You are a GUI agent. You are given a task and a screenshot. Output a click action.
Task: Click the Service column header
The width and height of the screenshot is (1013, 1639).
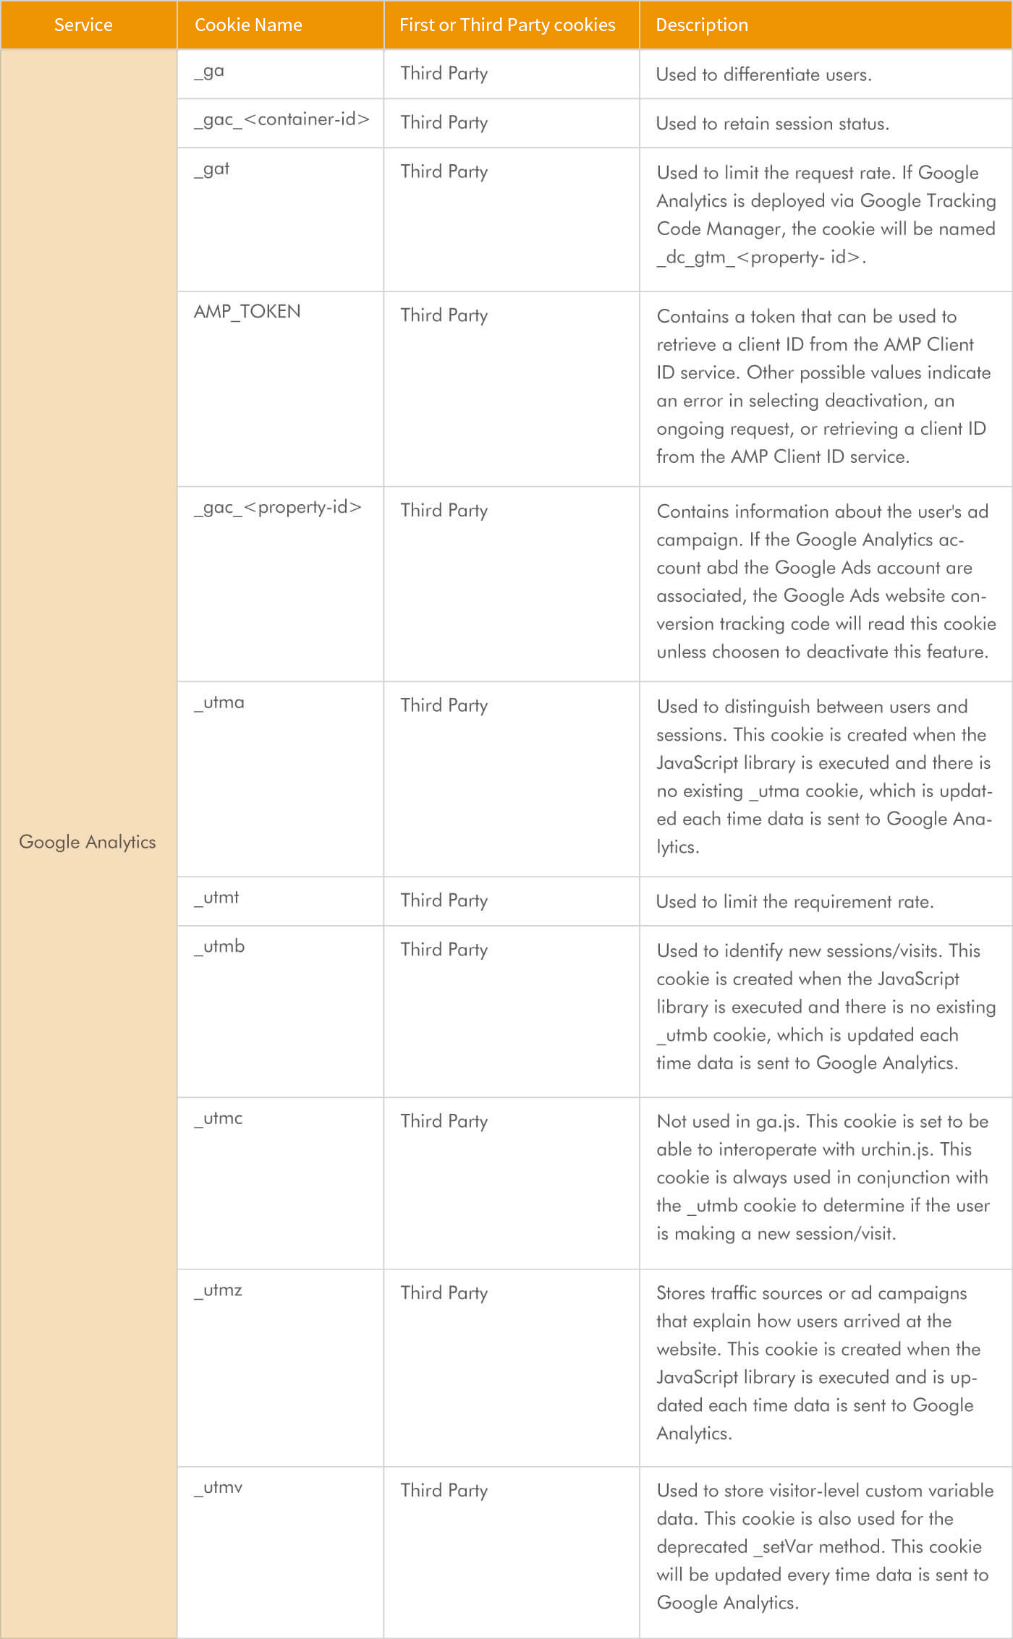click(83, 25)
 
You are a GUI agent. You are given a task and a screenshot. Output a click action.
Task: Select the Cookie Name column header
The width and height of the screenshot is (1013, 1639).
click(248, 25)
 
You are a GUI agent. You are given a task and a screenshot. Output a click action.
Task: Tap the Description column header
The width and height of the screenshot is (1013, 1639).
click(701, 25)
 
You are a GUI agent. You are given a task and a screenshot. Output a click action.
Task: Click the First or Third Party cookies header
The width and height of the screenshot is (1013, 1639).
click(506, 25)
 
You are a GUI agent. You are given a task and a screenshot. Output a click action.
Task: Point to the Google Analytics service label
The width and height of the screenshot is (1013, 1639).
click(88, 842)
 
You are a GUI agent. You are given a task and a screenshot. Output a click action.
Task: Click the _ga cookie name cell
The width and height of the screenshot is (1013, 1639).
click(209, 72)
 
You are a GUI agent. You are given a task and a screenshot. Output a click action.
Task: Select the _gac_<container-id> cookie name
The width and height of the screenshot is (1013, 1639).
click(281, 119)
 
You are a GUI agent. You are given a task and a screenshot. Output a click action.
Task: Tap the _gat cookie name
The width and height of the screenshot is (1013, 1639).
click(211, 169)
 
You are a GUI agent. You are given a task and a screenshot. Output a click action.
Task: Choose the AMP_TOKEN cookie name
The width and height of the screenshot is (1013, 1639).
click(247, 312)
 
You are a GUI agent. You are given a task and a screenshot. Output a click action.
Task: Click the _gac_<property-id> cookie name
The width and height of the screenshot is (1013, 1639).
click(277, 507)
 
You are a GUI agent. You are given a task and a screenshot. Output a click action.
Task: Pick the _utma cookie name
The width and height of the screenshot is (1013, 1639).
click(219, 702)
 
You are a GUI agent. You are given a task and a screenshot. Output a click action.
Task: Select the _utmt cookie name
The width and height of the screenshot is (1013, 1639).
click(216, 898)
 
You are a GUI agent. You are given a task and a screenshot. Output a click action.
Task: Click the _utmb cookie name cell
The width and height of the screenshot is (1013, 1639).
click(219, 947)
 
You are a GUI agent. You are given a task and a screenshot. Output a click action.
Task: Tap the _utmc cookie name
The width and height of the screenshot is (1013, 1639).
click(218, 1118)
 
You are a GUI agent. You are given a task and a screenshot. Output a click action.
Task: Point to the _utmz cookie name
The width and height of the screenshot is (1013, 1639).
click(218, 1290)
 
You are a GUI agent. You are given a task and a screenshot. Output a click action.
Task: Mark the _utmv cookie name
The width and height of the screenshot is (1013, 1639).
click(218, 1488)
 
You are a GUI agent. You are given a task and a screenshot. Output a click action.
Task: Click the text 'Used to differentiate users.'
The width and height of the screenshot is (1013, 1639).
click(763, 74)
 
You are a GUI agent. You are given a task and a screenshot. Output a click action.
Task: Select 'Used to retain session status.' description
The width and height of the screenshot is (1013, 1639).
click(772, 124)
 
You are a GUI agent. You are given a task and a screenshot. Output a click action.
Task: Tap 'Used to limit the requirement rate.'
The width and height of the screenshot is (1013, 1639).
click(794, 902)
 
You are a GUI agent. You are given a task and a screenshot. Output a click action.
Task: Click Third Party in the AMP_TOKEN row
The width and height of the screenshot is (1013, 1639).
click(444, 315)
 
